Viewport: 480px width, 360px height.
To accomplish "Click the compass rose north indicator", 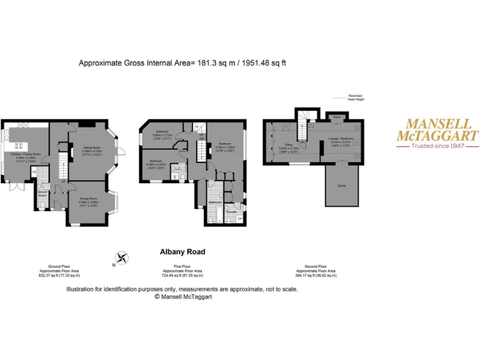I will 122,257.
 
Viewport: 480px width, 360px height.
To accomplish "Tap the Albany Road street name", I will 182,252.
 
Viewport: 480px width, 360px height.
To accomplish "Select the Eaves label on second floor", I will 342,186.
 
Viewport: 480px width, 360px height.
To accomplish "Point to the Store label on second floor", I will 336,117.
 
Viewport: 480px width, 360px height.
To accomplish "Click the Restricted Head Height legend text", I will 356,97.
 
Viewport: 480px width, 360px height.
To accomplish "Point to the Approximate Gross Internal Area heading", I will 182,62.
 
